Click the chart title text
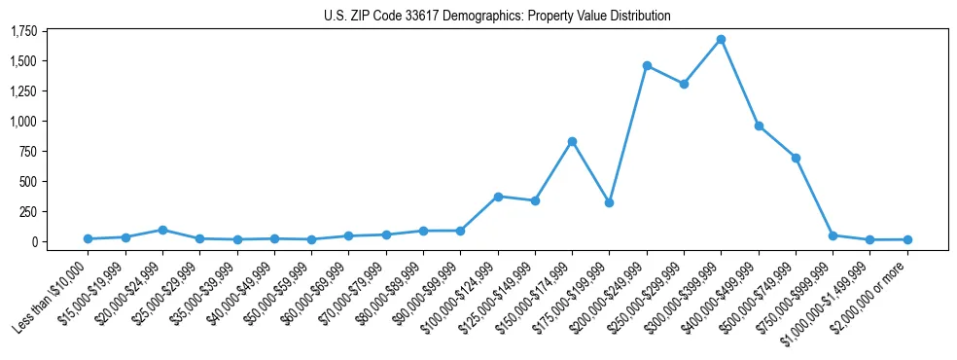point(497,16)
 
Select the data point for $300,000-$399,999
point(721,40)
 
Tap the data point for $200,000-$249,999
point(647,65)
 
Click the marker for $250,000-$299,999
point(684,84)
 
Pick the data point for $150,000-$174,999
point(572,141)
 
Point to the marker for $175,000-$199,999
point(609,202)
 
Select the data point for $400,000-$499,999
point(759,126)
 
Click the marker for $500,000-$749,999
point(796,158)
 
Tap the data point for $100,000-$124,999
point(498,197)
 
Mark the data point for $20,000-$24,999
point(162,230)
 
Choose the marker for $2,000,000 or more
point(907,239)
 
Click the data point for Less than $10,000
point(88,238)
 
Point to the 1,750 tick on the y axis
point(23,31)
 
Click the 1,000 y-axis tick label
point(23,122)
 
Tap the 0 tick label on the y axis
point(33,241)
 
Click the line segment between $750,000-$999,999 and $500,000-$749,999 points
point(814,197)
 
